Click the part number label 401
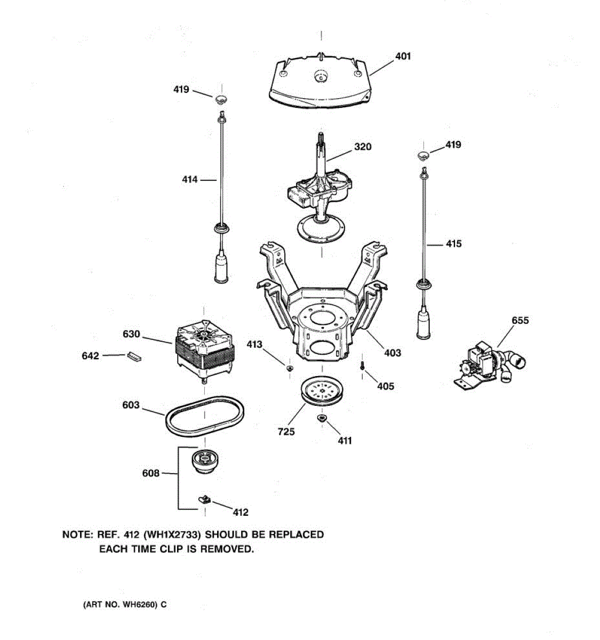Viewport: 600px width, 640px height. click(403, 56)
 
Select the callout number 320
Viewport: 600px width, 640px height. click(363, 147)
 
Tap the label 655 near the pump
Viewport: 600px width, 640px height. click(520, 320)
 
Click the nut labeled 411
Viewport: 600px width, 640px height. click(323, 418)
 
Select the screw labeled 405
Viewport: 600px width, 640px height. click(362, 366)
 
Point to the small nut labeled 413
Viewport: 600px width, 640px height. click(290, 367)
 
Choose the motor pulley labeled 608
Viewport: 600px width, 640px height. click(205, 460)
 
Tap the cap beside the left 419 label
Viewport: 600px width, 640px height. click(221, 99)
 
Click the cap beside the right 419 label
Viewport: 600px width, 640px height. click(423, 155)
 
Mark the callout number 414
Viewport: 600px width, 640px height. click(190, 180)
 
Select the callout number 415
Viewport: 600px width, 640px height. click(453, 244)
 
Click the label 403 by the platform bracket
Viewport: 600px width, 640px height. click(393, 353)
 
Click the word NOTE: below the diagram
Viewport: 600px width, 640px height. click(77, 534)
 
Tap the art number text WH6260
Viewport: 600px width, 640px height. click(141, 605)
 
